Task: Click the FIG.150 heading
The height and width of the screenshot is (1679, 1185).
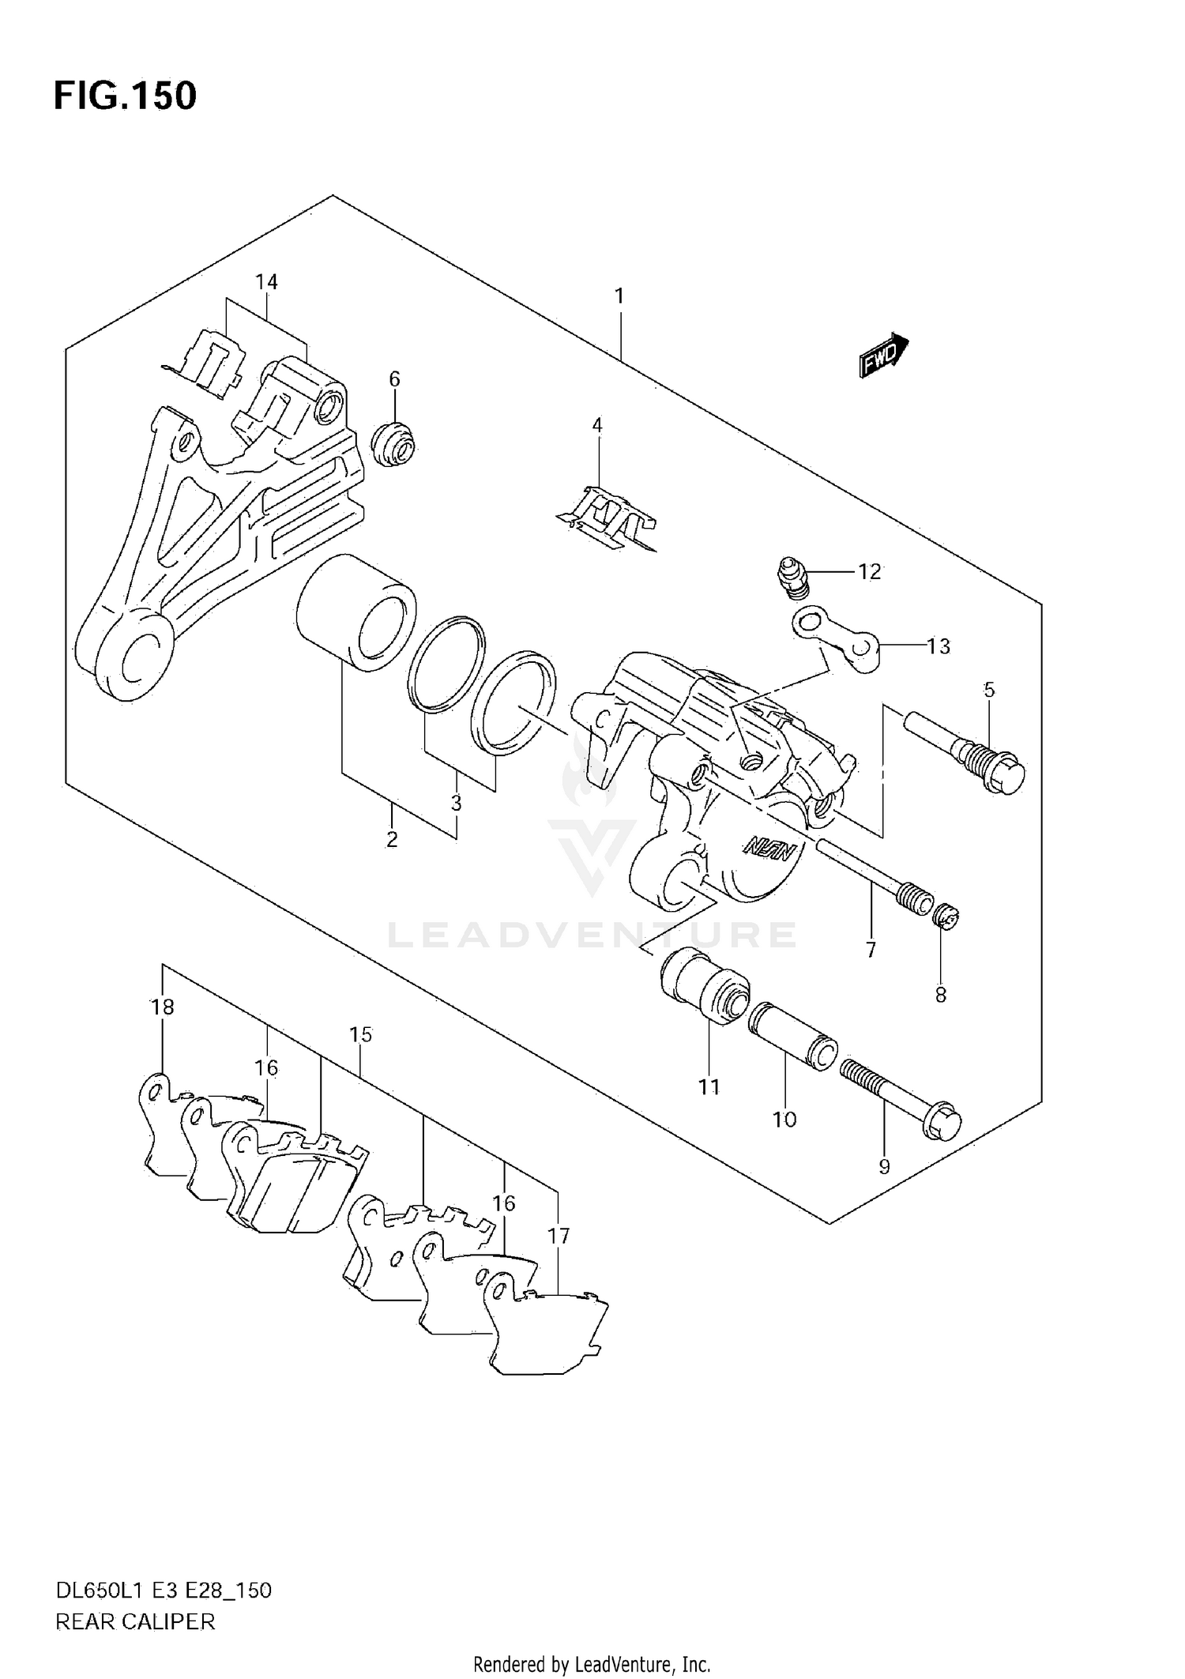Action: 125,96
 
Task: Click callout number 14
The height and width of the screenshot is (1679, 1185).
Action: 266,282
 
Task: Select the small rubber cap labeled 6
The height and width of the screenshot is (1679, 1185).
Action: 394,445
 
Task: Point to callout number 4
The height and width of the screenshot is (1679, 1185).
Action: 597,426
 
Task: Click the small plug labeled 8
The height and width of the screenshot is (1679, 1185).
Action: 946,917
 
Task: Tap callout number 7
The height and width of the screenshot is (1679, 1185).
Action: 871,950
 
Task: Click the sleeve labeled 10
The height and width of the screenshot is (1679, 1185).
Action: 792,1035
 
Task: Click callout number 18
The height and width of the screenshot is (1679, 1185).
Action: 162,1007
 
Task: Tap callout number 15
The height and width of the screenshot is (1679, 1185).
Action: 360,1034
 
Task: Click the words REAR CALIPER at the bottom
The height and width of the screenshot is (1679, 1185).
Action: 135,1622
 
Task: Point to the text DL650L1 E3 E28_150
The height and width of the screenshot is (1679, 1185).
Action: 163,1591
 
